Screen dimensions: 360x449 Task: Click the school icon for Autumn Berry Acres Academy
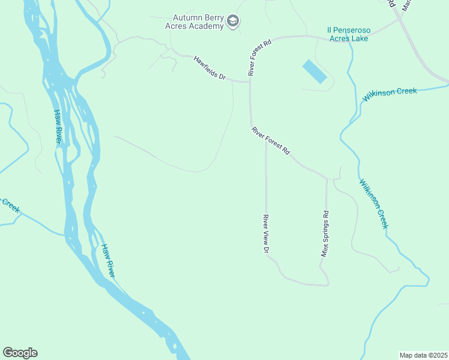(233, 22)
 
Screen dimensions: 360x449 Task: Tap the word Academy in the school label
(207, 27)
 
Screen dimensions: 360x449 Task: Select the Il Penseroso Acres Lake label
(349, 34)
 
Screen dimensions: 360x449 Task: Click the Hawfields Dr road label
(209, 68)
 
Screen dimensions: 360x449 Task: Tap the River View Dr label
(265, 234)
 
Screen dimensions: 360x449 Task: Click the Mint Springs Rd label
(325, 234)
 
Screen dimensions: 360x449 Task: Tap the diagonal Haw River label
(108, 260)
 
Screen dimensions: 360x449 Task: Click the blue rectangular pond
(315, 71)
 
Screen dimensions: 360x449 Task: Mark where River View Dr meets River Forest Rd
(266, 139)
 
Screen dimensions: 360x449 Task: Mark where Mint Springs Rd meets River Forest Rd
(327, 178)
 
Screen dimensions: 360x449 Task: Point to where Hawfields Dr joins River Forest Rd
(250, 82)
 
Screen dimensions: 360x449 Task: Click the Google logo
(20, 353)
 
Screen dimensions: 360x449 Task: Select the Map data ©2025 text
(423, 355)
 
